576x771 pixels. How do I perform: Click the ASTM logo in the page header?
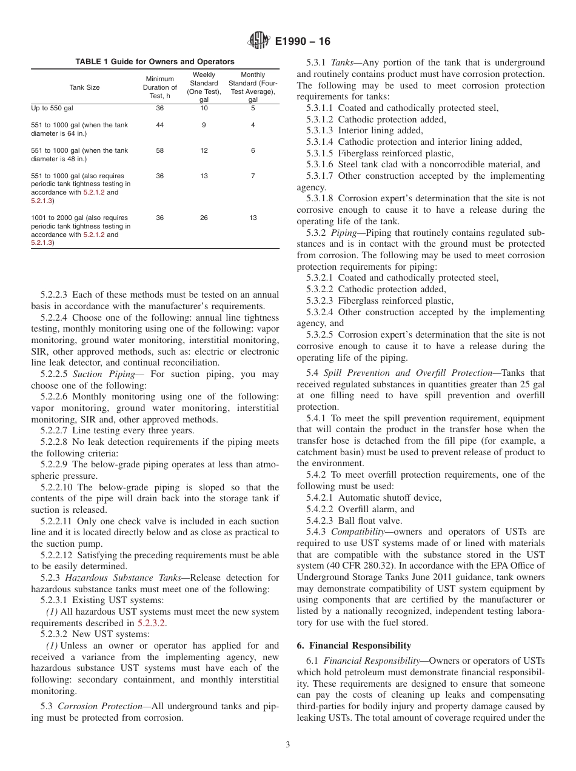(258, 41)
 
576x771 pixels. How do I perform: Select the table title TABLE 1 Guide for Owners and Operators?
(155, 62)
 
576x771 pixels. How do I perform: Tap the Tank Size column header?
(84, 87)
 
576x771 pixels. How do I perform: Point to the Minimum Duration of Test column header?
(160, 87)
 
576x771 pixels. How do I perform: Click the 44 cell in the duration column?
(160, 125)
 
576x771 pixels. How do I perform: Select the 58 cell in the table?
(160, 150)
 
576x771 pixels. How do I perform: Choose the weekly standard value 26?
(204, 218)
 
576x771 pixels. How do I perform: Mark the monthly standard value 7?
(253, 176)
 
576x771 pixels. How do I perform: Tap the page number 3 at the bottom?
(288, 745)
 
